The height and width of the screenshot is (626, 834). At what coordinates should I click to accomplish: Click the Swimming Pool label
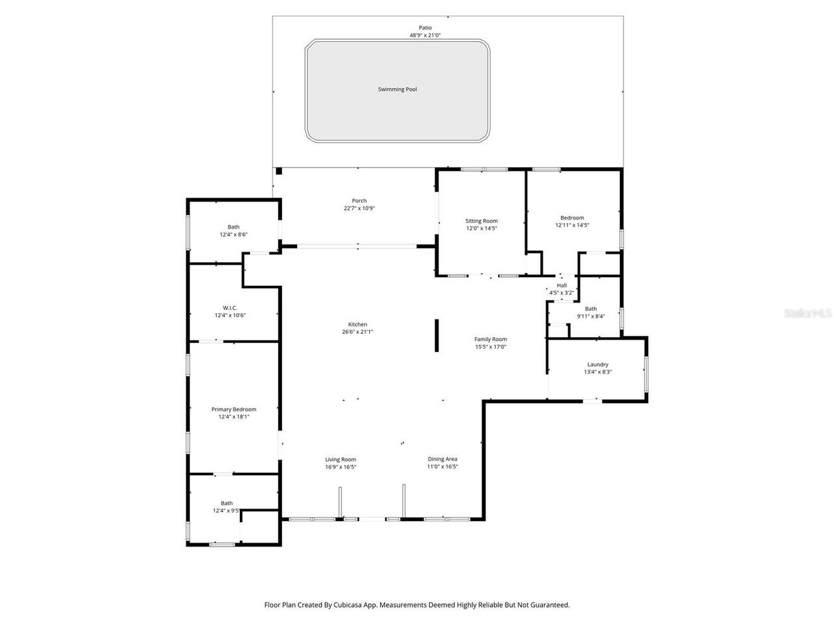pyautogui.click(x=397, y=89)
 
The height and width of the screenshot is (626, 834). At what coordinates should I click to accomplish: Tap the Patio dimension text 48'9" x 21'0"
pyautogui.click(x=425, y=35)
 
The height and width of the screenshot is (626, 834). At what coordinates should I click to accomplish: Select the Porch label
pyautogui.click(x=359, y=201)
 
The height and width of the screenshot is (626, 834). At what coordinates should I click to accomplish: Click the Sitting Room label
pyautogui.click(x=482, y=221)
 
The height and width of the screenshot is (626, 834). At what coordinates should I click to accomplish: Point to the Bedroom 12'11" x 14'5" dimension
pyautogui.click(x=572, y=226)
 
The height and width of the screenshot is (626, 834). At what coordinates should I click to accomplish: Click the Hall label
pyautogui.click(x=562, y=286)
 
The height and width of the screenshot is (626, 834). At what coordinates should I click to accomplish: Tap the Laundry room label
pyautogui.click(x=597, y=365)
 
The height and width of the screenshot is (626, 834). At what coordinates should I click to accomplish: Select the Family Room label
pyautogui.click(x=491, y=339)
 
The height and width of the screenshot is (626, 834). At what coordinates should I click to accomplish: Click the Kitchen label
pyautogui.click(x=358, y=324)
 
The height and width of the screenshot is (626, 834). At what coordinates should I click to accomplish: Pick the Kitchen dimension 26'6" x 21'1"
pyautogui.click(x=358, y=332)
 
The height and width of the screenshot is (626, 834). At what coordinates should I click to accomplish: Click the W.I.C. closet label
pyautogui.click(x=230, y=308)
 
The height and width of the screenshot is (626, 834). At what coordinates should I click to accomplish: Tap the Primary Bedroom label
pyautogui.click(x=234, y=410)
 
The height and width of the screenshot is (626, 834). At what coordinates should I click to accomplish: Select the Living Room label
pyautogui.click(x=341, y=459)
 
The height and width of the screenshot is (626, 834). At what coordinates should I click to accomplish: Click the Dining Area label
pyautogui.click(x=442, y=459)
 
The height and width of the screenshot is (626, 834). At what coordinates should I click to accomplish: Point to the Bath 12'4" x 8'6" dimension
pyautogui.click(x=233, y=235)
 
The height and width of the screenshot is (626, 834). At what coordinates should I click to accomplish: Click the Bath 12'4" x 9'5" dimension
pyautogui.click(x=226, y=511)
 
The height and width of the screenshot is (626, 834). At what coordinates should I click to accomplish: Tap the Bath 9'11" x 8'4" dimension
pyautogui.click(x=590, y=317)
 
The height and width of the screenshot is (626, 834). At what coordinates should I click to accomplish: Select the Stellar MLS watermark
pyautogui.click(x=808, y=314)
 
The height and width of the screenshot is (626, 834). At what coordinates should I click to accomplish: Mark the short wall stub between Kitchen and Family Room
pyautogui.click(x=437, y=336)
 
